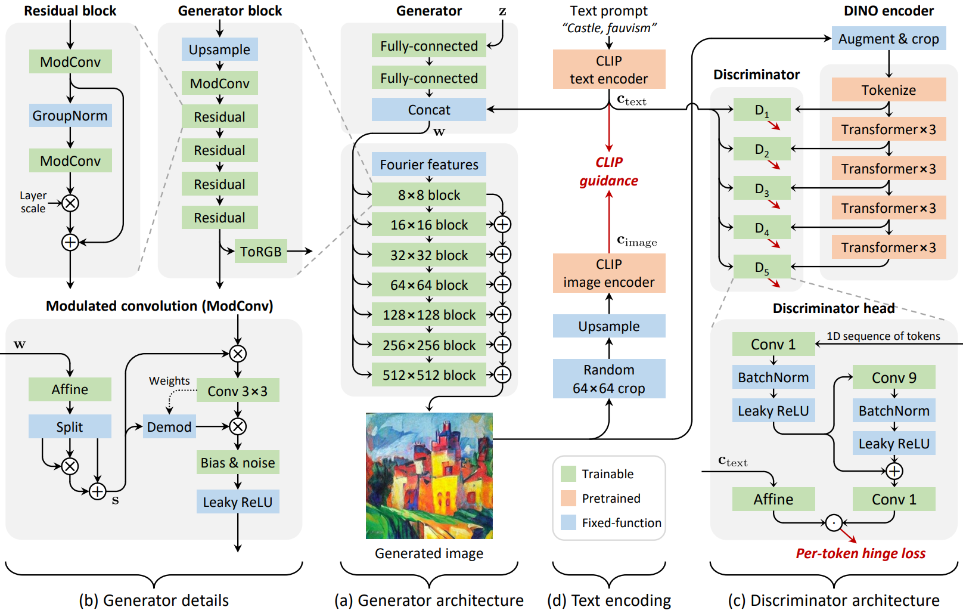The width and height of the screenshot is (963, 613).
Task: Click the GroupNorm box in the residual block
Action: (x=70, y=115)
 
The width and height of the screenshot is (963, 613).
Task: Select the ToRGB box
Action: (x=261, y=251)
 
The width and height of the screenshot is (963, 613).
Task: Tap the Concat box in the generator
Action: (x=429, y=109)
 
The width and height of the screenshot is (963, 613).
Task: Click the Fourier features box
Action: (x=429, y=164)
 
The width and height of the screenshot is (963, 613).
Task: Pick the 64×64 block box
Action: (x=429, y=284)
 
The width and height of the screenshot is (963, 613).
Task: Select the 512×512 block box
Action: (x=429, y=374)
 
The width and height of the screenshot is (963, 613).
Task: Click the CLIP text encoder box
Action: (x=609, y=69)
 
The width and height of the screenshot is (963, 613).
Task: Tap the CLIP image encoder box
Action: (x=609, y=273)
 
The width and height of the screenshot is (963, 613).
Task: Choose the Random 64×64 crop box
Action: (x=609, y=379)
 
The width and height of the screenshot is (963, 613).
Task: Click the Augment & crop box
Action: (x=889, y=38)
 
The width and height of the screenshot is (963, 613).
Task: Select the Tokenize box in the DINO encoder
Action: (x=889, y=89)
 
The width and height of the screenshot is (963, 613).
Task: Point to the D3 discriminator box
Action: (x=762, y=188)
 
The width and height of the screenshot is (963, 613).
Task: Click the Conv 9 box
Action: (x=894, y=377)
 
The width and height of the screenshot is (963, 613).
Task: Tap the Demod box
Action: (x=169, y=426)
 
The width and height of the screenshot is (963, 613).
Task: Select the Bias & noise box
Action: (x=238, y=462)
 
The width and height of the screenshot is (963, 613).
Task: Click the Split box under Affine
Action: (x=70, y=426)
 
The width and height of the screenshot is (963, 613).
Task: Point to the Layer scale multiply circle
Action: (x=70, y=203)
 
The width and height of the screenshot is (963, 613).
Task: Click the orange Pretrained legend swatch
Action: (x=569, y=498)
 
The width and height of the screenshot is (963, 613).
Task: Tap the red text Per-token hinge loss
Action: (x=861, y=553)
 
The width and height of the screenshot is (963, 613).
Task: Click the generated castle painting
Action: (x=429, y=476)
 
